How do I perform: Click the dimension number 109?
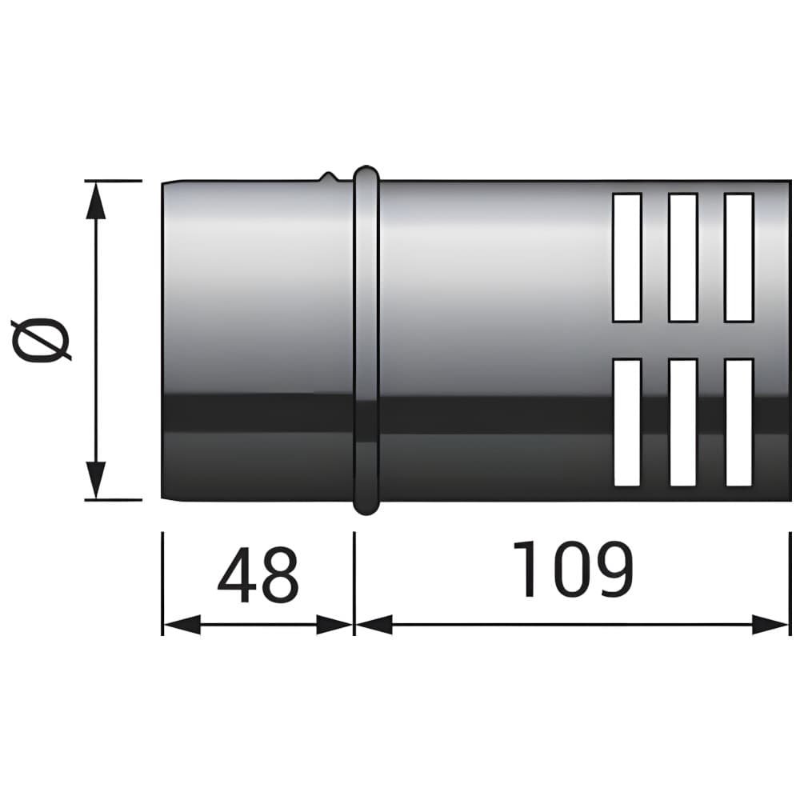pyautogui.click(x=573, y=569)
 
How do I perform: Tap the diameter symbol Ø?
pyautogui.click(x=41, y=339)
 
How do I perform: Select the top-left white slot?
pyautogui.click(x=626, y=258)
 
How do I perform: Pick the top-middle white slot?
pyautogui.click(x=682, y=258)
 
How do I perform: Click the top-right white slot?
pyautogui.click(x=738, y=258)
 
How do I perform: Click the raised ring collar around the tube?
pyautogui.click(x=366, y=340)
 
